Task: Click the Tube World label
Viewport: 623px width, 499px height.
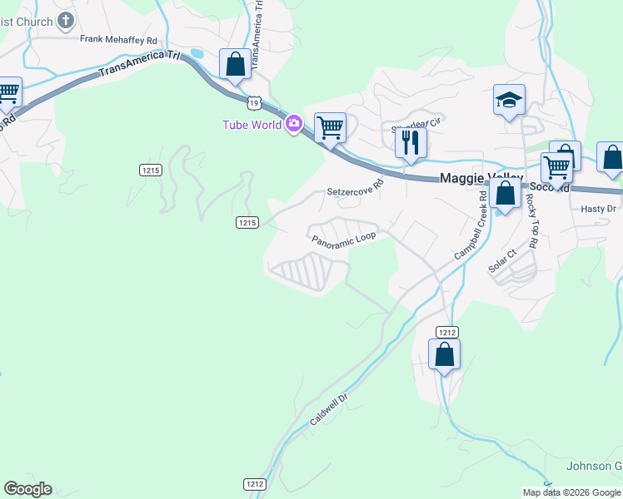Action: click(252, 125)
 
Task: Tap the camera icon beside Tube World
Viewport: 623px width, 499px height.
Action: click(293, 125)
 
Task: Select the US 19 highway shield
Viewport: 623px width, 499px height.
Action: click(255, 101)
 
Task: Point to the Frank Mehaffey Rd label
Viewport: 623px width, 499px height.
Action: click(118, 39)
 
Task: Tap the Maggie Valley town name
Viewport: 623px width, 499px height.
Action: click(481, 178)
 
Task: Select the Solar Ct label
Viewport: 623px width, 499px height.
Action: click(503, 260)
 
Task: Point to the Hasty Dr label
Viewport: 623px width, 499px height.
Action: click(597, 209)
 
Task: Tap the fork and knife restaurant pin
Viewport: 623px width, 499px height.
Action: click(411, 143)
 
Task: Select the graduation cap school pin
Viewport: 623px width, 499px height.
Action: click(508, 101)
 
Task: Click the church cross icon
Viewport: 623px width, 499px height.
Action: click(67, 21)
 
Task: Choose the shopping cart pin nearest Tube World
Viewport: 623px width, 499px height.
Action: click(331, 128)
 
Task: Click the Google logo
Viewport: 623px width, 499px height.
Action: click(27, 489)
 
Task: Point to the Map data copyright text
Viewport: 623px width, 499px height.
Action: click(572, 492)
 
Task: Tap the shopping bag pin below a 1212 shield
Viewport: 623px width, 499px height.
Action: click(445, 354)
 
